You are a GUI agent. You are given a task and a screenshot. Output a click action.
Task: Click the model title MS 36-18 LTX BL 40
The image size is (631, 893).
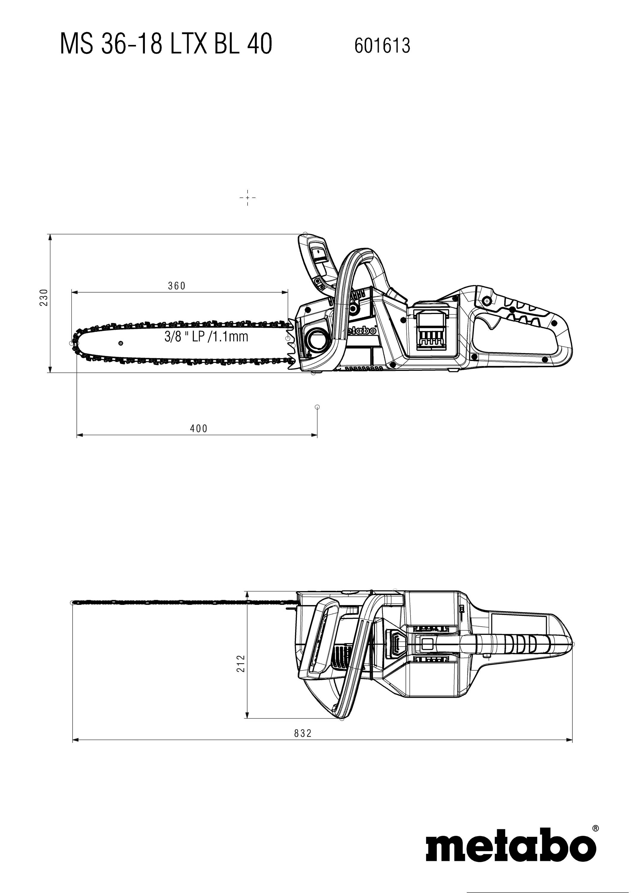click(x=166, y=44)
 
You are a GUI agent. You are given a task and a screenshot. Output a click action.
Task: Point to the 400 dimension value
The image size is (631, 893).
click(x=199, y=429)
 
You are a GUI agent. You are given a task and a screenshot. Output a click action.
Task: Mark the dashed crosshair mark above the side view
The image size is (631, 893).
click(x=248, y=198)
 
